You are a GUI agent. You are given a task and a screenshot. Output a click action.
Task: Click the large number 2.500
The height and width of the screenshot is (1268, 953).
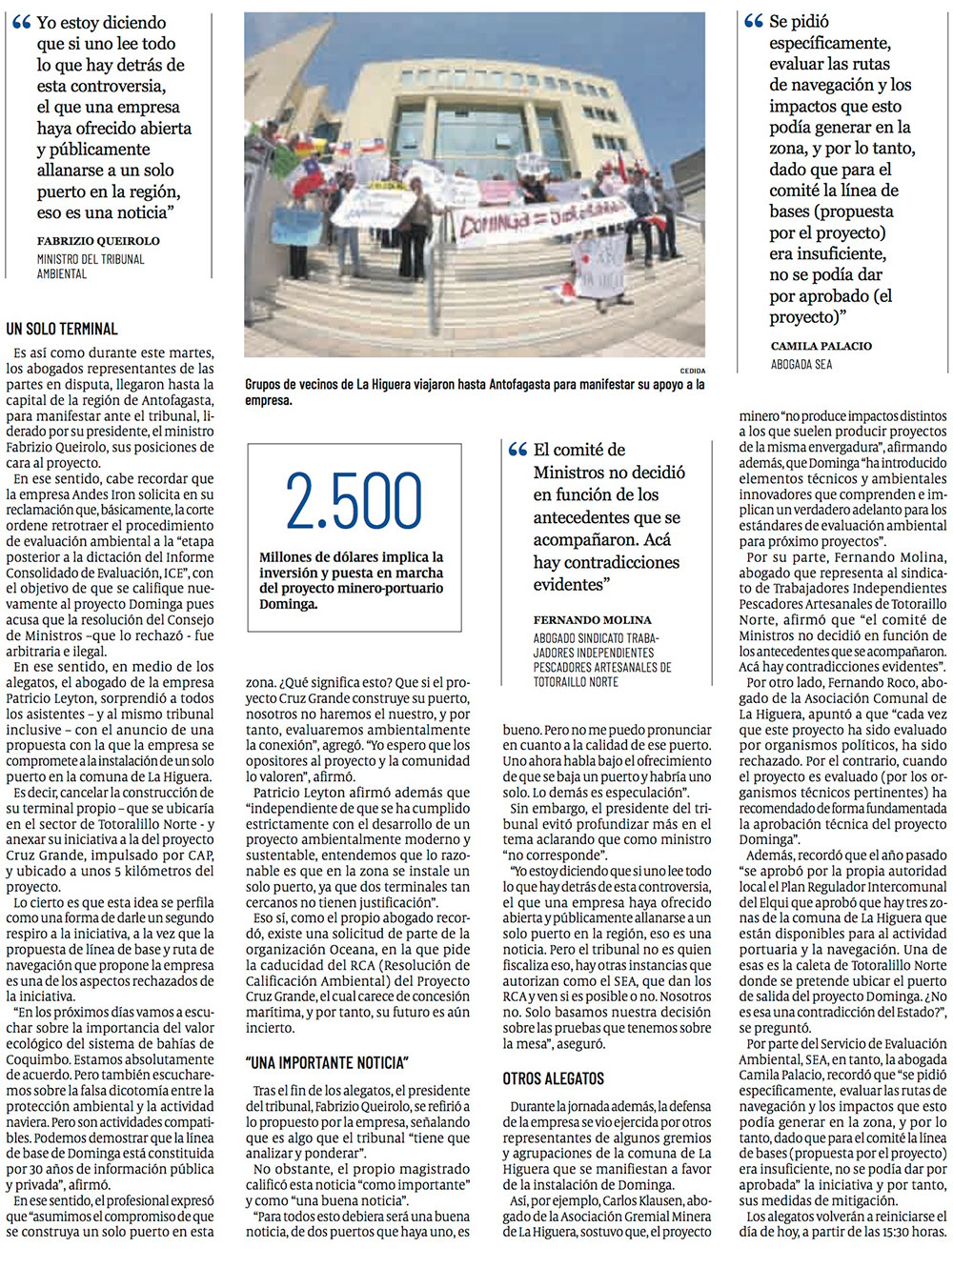pos(354,501)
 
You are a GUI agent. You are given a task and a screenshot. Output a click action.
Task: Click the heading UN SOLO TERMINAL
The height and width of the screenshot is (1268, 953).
pos(62,330)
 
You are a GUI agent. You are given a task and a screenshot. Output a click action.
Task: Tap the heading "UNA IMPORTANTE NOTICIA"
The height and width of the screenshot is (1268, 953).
pos(327,1062)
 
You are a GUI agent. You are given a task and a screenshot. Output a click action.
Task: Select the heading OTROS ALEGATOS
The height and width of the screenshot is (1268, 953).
pos(554,1078)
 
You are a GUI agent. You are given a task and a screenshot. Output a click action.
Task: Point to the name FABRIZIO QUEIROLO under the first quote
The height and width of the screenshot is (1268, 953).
pos(98,241)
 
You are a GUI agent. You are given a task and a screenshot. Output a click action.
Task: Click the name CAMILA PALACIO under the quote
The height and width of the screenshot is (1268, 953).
pos(821,346)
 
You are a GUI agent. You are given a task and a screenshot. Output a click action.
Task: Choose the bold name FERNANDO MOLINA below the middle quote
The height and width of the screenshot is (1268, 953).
pos(592,620)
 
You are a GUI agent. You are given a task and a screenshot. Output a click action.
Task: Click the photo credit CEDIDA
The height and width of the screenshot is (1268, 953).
pos(692,370)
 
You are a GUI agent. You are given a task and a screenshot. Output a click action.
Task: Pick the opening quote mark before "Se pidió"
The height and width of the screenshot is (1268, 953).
pos(754,22)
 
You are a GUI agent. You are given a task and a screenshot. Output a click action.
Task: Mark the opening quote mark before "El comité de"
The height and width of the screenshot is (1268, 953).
pos(517,451)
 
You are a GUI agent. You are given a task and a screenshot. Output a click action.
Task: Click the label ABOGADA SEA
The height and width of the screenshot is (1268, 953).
pos(801,364)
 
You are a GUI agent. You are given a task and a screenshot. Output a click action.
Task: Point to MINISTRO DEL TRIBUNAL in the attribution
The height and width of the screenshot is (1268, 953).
pos(91,259)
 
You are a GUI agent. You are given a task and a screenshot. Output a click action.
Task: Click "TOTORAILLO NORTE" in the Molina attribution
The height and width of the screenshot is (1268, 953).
pos(576,682)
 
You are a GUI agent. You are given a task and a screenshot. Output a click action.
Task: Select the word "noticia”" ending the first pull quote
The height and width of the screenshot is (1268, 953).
pos(138,212)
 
